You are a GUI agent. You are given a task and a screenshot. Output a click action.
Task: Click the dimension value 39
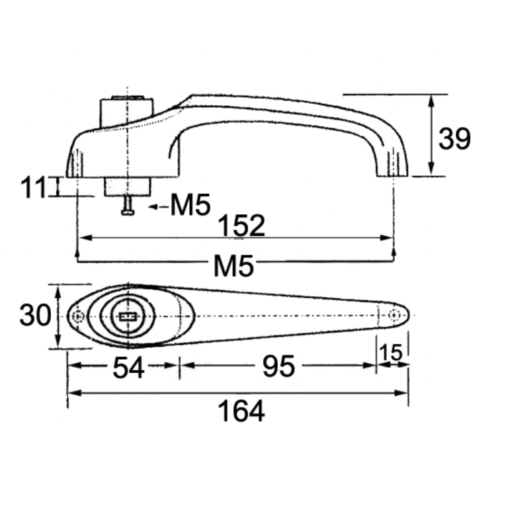(x=454, y=139)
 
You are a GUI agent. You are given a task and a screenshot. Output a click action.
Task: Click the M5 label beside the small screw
(x=191, y=206)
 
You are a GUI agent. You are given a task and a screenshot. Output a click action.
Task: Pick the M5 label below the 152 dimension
(x=234, y=266)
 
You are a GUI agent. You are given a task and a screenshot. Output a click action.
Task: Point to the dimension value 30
(x=35, y=316)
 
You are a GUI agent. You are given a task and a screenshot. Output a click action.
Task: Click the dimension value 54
(x=128, y=368)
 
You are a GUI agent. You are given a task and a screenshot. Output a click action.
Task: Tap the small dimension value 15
(x=392, y=354)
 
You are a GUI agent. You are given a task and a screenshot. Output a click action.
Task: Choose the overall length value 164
(x=241, y=411)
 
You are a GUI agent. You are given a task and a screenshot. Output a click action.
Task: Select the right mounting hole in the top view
(x=395, y=315)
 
